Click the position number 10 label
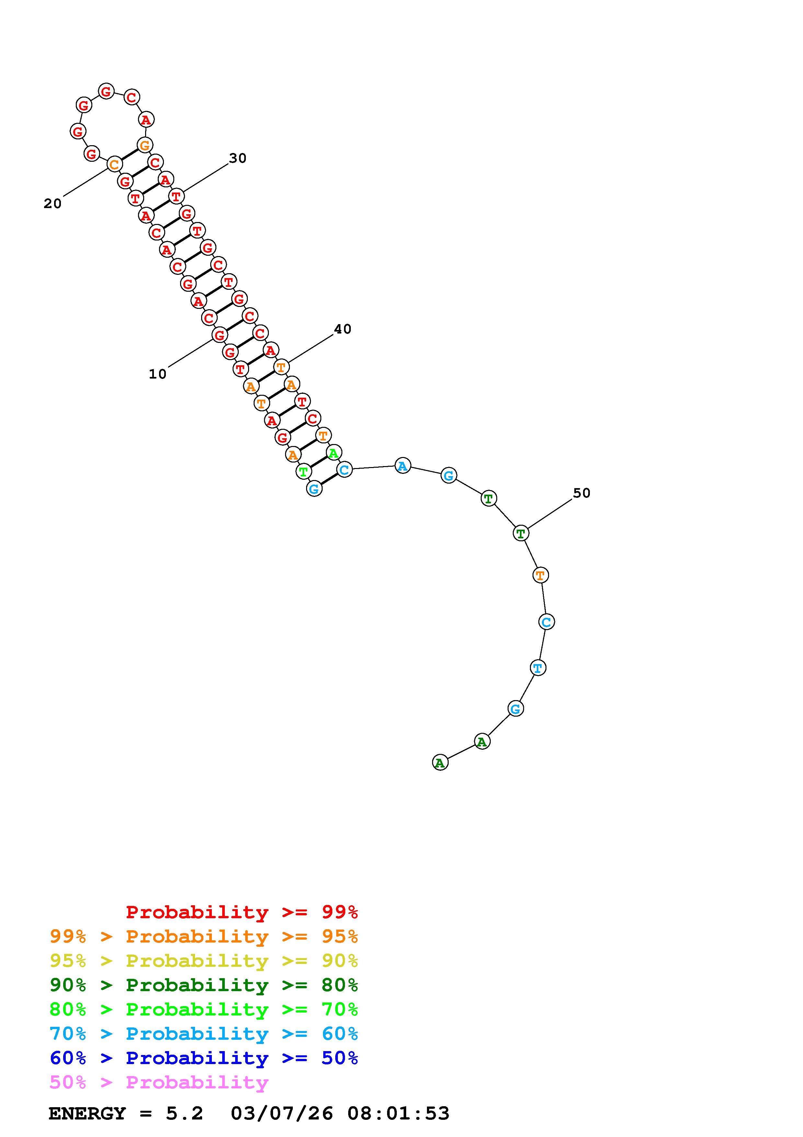157,374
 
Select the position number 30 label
237,158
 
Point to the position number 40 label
342,329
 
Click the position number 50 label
582,493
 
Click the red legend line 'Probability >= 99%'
242,912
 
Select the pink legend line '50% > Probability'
159,1082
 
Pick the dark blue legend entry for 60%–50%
204,1058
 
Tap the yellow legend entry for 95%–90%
204,961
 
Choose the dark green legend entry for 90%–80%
204,985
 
